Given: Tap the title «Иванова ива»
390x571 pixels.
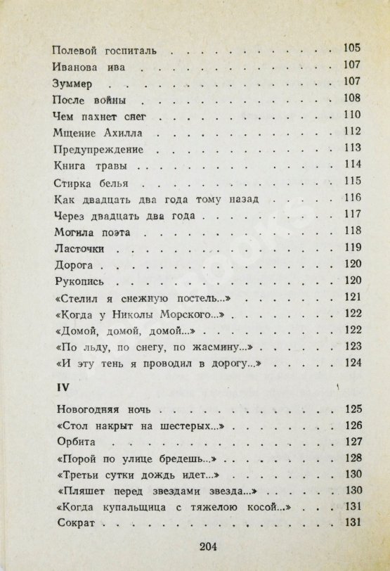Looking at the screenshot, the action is [x=88, y=68].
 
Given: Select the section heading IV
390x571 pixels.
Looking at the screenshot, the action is [x=60, y=387].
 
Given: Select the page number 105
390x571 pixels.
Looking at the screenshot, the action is [x=351, y=49].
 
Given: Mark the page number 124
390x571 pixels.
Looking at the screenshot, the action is [x=351, y=362].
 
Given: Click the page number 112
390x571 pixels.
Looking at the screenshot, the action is [x=351, y=131].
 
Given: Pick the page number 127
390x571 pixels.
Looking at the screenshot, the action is [x=352, y=441].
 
